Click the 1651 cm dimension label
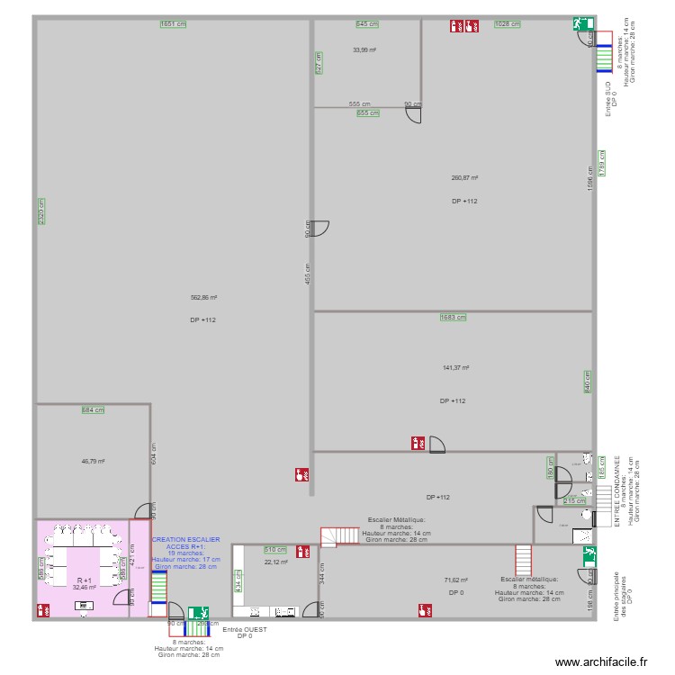pos(173,24)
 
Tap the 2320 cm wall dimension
pos(41,211)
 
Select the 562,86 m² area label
pos(203,297)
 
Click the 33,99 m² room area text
pos(364,49)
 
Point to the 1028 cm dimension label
pos(508,24)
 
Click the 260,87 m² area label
pos(464,178)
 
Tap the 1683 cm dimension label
pos(454,317)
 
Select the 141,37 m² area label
pos(457,367)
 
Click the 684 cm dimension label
pos(93,409)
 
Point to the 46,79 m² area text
pos(93,461)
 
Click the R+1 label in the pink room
pos(85,580)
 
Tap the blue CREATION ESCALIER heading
pos(185,539)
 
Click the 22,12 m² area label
pos(275,562)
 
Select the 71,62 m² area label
pos(456,580)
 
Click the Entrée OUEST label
pos(244,629)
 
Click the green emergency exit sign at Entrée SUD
pos(575,24)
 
